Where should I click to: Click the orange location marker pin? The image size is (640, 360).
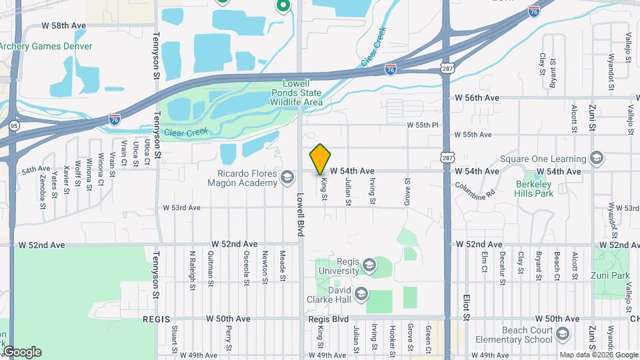[x=320, y=159]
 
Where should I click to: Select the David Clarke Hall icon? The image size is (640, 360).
[x=361, y=293]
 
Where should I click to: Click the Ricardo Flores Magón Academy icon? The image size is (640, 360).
[x=287, y=177]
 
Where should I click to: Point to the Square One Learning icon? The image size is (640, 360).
[x=596, y=159]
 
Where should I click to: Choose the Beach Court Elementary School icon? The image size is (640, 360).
[x=564, y=333]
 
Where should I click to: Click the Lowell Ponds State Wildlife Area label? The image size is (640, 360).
[x=296, y=93]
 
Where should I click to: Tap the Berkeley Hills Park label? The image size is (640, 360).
[x=534, y=188]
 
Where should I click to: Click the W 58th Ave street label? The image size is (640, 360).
[x=64, y=25]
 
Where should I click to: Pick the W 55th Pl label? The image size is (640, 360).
[x=424, y=125]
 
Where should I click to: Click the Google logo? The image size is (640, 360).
[x=22, y=351]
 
